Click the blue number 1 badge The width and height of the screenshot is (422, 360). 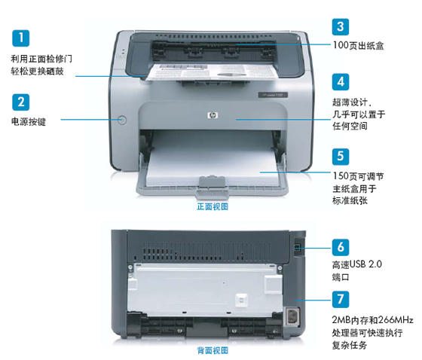(x=22, y=37)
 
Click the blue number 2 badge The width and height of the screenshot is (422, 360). (x=22, y=101)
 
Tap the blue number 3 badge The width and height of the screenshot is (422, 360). (x=341, y=27)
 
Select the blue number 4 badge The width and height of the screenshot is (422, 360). (x=341, y=81)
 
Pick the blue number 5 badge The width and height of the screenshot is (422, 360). (x=341, y=156)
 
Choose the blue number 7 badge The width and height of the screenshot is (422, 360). (x=341, y=299)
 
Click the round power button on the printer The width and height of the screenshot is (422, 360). (x=124, y=119)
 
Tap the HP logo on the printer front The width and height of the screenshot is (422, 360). (x=211, y=114)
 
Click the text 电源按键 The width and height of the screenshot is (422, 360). (x=28, y=121)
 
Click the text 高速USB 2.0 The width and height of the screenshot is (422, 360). (x=357, y=265)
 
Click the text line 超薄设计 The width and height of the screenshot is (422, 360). (x=353, y=100)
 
